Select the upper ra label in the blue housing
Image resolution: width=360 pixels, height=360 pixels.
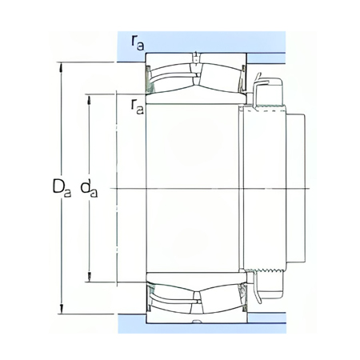click(x=138, y=42)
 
